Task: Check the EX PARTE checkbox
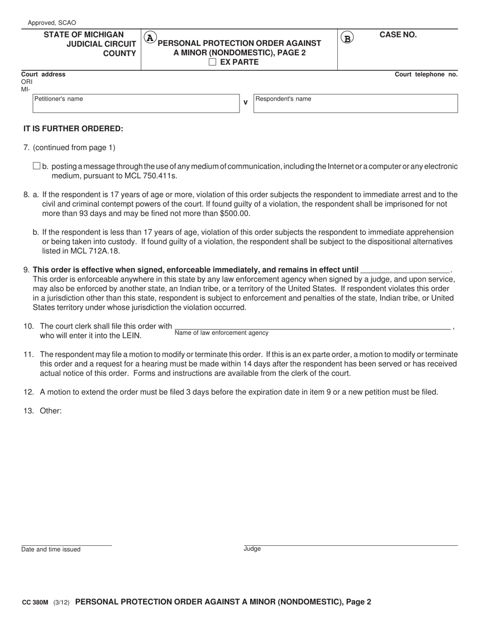click(x=212, y=62)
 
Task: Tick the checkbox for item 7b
click(x=36, y=166)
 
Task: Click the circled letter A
click(x=150, y=37)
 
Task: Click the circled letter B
click(x=347, y=37)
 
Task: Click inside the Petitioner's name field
click(x=136, y=106)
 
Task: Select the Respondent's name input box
click(x=355, y=106)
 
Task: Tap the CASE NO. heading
click(x=398, y=35)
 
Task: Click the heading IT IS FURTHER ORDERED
click(x=73, y=128)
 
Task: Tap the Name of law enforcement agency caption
click(x=221, y=333)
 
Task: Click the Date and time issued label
click(x=50, y=549)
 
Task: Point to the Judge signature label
click(x=252, y=549)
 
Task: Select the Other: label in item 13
click(x=50, y=410)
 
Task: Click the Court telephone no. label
click(x=426, y=74)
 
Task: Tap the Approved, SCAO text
click(x=52, y=23)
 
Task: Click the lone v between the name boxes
click(x=246, y=102)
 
